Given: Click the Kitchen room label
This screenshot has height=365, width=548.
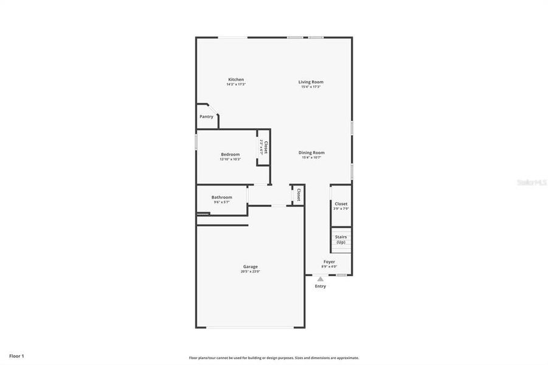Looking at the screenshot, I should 236,80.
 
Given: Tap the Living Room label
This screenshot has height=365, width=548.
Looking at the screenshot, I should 311,82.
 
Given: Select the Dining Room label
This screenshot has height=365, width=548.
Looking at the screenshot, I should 311,153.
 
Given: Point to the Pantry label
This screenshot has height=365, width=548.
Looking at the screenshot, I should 207,117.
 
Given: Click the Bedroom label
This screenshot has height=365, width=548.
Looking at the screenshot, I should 230,155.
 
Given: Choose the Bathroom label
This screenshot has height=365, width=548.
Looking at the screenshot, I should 221,197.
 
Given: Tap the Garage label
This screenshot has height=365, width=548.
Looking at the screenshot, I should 251,266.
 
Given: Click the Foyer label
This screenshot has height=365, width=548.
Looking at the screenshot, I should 329,262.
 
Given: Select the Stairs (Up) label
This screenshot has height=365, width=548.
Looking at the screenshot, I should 341,239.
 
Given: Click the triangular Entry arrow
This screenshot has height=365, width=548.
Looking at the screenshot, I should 321,279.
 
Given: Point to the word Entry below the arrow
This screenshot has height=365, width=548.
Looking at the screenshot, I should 321,286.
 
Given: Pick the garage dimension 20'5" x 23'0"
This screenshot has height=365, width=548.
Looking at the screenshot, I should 251,271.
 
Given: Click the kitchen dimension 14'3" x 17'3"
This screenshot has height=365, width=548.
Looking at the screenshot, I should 236,85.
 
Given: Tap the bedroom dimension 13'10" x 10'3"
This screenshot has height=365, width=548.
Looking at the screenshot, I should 231,159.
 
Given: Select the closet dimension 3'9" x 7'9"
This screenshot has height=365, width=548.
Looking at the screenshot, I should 341,209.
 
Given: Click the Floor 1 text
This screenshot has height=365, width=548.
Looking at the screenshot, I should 16,355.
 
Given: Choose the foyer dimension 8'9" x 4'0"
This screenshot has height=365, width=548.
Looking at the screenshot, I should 329,266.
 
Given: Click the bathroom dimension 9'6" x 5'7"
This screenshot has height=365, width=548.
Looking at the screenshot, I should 221,202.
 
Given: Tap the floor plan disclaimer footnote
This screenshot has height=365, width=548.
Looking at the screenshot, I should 274,358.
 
